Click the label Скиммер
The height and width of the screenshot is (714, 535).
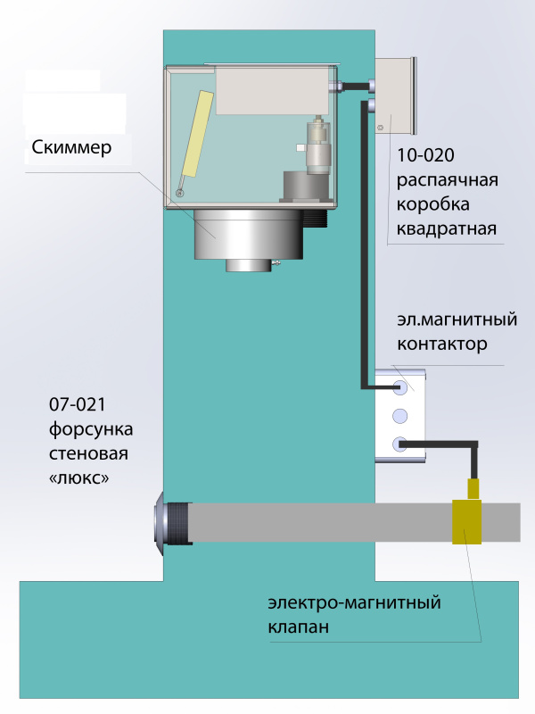pyautogui.click(x=71, y=147)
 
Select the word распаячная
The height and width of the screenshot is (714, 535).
pyautogui.click(x=445, y=182)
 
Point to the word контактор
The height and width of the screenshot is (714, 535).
pyautogui.click(x=443, y=343)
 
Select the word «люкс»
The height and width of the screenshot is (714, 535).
pyautogui.click(x=82, y=478)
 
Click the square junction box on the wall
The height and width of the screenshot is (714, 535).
pyautogui.click(x=396, y=93)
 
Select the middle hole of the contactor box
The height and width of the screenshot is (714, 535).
pyautogui.click(x=399, y=415)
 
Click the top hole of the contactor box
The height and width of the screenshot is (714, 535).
pyautogui.click(x=399, y=388)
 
